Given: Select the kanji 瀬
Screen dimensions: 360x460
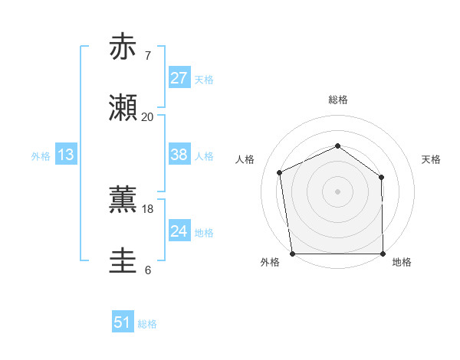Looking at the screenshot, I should click(123, 109).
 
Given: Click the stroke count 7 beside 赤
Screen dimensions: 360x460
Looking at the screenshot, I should click(148, 55).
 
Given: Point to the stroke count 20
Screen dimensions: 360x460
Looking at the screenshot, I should click(147, 117).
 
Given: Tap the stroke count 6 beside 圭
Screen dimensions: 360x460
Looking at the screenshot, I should click(148, 270).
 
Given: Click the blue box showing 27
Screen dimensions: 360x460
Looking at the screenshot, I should click(179, 78).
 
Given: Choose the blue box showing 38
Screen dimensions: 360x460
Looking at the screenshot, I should click(179, 155).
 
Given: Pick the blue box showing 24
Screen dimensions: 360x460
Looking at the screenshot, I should click(179, 231).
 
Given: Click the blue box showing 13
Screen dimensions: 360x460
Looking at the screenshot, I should click(66, 155).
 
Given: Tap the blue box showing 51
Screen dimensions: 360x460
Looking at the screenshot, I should click(123, 322).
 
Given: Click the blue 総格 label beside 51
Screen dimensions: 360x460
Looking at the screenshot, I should click(147, 324).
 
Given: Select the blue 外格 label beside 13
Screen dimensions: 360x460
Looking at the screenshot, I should click(41, 156).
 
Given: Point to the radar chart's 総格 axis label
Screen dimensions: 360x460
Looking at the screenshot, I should click(338, 100).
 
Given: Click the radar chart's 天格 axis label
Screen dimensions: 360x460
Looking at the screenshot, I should click(431, 159).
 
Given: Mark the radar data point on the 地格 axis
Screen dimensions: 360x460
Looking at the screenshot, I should click(383, 254).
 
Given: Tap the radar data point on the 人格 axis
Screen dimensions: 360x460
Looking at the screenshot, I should click(280, 172).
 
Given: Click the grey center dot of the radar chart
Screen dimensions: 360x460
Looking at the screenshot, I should click(338, 191).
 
